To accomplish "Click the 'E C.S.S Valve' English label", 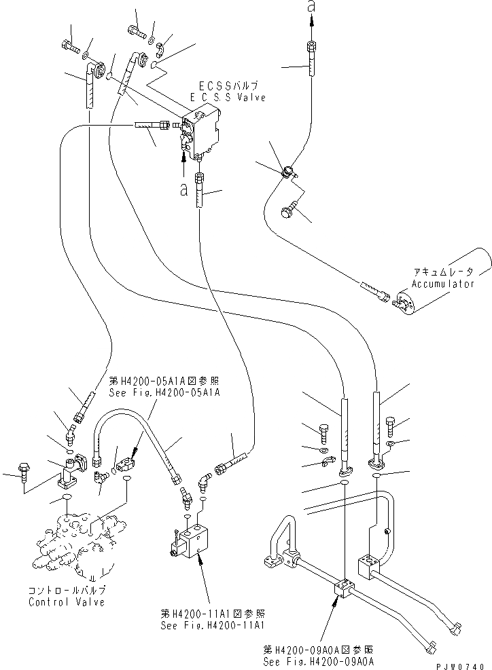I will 228,98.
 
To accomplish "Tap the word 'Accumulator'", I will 442,284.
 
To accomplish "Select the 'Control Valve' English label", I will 67,602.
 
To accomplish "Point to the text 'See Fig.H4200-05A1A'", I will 164,392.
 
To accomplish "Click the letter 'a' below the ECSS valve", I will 183,191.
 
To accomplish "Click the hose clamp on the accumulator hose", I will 289,173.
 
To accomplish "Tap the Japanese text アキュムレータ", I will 441,272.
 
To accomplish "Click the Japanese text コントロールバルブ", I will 67,590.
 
